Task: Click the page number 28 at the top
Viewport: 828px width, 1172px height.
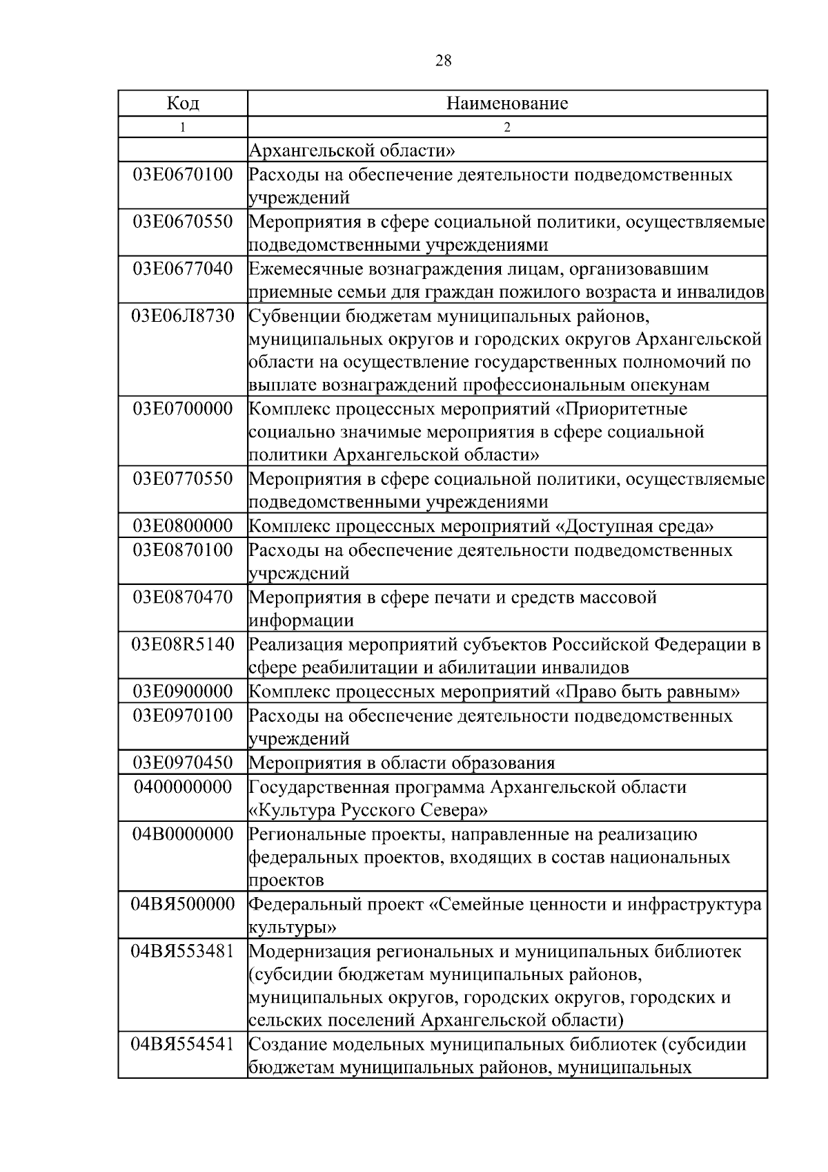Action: pyautogui.click(x=444, y=61)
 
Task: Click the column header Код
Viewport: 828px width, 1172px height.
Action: pyautogui.click(x=183, y=104)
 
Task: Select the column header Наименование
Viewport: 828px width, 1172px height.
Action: pyautogui.click(x=507, y=104)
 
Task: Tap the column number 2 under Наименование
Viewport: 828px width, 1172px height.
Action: pyautogui.click(x=507, y=127)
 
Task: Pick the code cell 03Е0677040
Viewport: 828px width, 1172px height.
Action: pyautogui.click(x=183, y=269)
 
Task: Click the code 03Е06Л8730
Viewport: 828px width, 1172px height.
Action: pyautogui.click(x=183, y=316)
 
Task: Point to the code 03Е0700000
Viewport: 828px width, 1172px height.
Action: pyautogui.click(x=183, y=409)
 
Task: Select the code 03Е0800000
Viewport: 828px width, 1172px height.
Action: pyautogui.click(x=183, y=526)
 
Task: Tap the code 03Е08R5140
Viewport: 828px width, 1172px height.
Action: pyautogui.click(x=183, y=644)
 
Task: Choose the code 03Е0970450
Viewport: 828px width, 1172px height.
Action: pyautogui.click(x=183, y=762)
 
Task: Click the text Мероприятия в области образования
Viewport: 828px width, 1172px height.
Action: pyautogui.click(x=402, y=762)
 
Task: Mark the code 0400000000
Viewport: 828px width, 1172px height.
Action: pyautogui.click(x=183, y=787)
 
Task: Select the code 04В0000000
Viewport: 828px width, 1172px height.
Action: pyautogui.click(x=183, y=834)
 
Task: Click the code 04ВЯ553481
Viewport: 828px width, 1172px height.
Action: pyautogui.click(x=183, y=951)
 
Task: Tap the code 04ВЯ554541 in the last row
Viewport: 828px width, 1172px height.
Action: pyautogui.click(x=183, y=1044)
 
